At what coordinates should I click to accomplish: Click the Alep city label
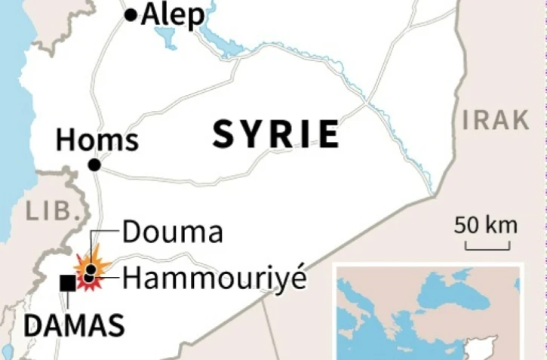pyautogui.click(x=173, y=14)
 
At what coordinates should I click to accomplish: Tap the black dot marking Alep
pyautogui.click(x=131, y=14)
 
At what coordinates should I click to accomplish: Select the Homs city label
pyautogui.click(x=97, y=140)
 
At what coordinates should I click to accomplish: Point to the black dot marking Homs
pyautogui.click(x=94, y=165)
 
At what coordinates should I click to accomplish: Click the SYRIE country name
pyautogui.click(x=275, y=134)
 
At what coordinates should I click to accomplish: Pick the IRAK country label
pyautogui.click(x=496, y=119)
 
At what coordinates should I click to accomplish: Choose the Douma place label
pyautogui.click(x=172, y=233)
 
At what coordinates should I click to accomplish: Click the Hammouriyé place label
pyautogui.click(x=214, y=278)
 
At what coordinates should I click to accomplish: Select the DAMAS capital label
pyautogui.click(x=74, y=326)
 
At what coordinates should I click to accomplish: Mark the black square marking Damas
pyautogui.click(x=67, y=282)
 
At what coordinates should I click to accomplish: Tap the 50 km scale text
pyautogui.click(x=486, y=225)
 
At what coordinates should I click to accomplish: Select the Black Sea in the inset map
pyautogui.click(x=445, y=287)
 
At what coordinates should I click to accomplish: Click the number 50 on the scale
pyautogui.click(x=466, y=225)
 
